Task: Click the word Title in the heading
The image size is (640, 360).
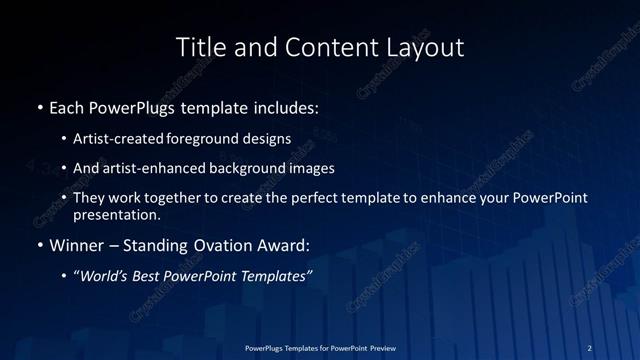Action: click(199, 47)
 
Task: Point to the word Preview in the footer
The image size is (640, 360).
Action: click(378, 347)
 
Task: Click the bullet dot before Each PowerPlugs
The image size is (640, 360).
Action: click(39, 107)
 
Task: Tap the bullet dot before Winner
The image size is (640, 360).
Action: click(39, 243)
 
